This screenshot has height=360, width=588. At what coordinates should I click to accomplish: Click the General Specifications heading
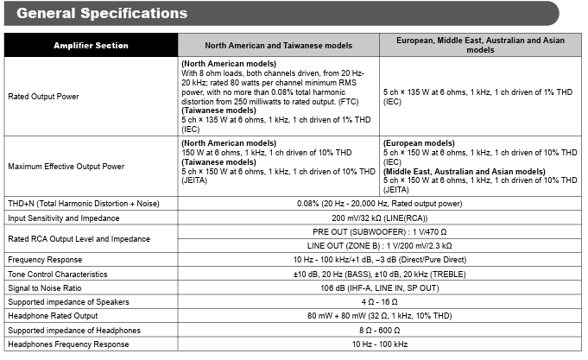tap(102, 14)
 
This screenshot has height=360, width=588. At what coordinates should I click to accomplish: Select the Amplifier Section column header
tap(91, 45)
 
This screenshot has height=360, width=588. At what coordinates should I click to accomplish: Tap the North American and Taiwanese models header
tap(278, 45)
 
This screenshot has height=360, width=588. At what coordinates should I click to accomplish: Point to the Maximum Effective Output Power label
tap(65, 165)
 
